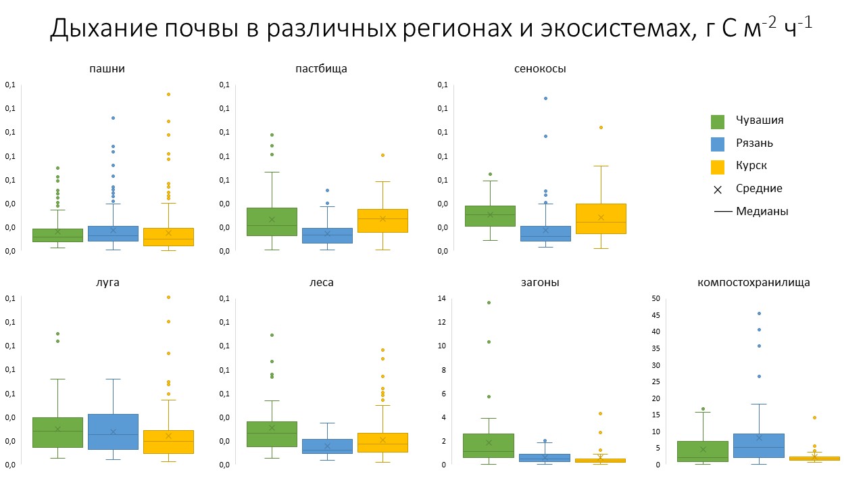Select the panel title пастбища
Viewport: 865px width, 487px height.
point(322,68)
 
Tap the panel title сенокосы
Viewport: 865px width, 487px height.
point(540,68)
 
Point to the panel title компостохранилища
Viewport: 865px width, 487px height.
point(753,282)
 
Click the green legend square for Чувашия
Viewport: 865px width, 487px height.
point(718,122)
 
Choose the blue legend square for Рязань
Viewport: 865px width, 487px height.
point(718,144)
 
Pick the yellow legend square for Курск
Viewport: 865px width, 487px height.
point(718,166)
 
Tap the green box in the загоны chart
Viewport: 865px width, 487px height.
point(489,445)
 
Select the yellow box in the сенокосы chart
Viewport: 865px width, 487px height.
point(601,218)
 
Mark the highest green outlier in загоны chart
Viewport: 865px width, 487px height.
point(489,302)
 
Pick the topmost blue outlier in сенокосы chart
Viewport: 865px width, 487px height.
point(545,98)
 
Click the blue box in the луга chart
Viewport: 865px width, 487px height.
point(112,432)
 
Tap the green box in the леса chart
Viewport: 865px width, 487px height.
point(272,434)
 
